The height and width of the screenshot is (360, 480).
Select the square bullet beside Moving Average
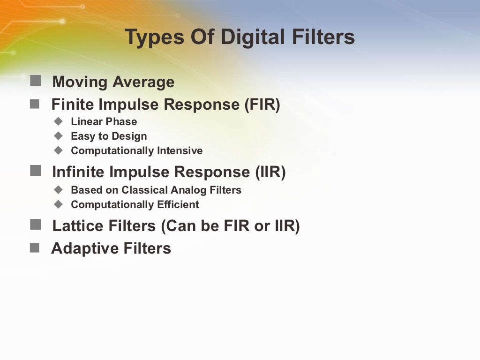(35, 81)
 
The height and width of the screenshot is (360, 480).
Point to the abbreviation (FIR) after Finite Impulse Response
(262, 104)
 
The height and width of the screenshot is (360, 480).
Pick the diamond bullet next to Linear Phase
(58, 121)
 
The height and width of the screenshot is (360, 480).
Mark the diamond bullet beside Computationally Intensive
(58, 150)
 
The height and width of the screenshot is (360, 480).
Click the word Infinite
(78, 172)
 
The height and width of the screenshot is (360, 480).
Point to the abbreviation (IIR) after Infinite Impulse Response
(270, 172)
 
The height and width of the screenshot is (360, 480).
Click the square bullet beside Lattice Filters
(35, 225)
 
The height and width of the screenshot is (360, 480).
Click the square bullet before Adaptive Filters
(35, 248)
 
